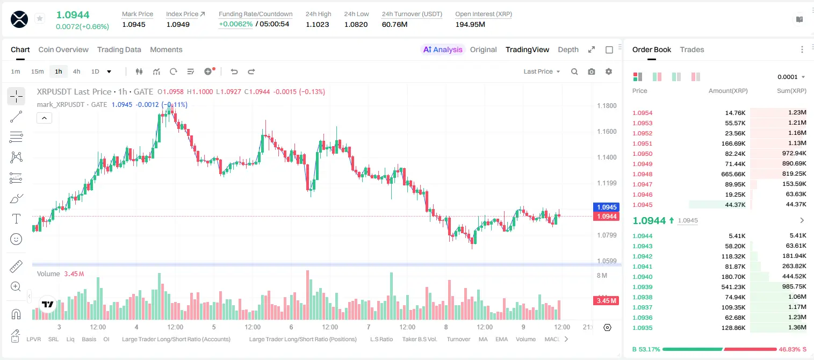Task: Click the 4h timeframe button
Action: [x=76, y=71]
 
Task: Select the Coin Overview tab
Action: [x=63, y=49]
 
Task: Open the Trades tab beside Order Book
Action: [x=692, y=49]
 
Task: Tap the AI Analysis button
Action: [x=443, y=49]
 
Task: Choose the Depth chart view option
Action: [x=568, y=49]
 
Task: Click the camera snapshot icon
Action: [x=592, y=71]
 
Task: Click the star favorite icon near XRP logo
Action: [x=40, y=18]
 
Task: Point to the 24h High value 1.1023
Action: [x=317, y=24]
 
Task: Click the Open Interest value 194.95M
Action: [x=470, y=24]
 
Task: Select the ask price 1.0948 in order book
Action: [x=643, y=174]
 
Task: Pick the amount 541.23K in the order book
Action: [x=733, y=286]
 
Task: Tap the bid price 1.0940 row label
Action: [x=643, y=277]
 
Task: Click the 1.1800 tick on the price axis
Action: [x=607, y=106]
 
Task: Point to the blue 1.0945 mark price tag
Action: [x=607, y=207]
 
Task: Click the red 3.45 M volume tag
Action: [x=606, y=300]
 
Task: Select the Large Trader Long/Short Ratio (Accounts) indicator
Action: [x=176, y=339]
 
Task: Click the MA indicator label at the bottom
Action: [x=483, y=339]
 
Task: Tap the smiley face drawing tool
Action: [x=16, y=239]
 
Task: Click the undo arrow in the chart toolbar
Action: [x=234, y=71]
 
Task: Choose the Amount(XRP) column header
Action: [x=728, y=90]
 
